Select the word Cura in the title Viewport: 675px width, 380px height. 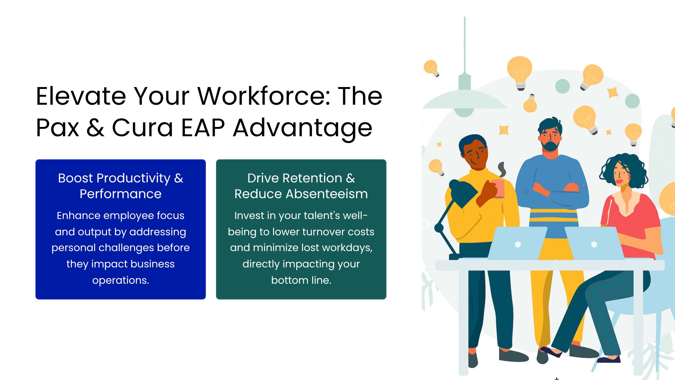(142, 128)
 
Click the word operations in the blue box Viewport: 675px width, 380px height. (120, 281)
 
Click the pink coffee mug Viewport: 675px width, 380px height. (498, 189)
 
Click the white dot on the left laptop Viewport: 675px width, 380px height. (518, 244)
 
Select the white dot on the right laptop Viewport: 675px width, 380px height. (594, 244)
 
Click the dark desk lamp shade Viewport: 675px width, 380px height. (463, 193)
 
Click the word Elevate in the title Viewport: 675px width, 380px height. (81, 96)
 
